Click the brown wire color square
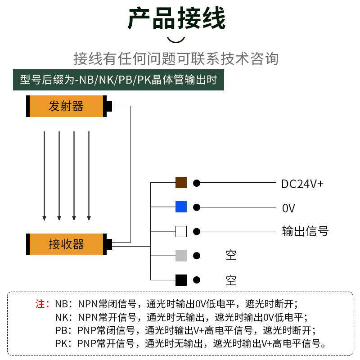pyautogui.click(x=181, y=183)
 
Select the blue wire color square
pyautogui.click(x=181, y=207)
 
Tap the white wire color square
pyautogui.click(x=181, y=231)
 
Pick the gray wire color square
pyautogui.click(x=181, y=256)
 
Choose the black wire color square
pyautogui.click(x=181, y=280)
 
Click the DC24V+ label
pyautogui.click(x=302, y=184)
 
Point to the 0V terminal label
pyautogui.click(x=288, y=208)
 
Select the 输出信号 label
pyautogui.click(x=305, y=231)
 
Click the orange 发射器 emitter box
pyautogui.click(x=66, y=106)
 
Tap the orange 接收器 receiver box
pyautogui.click(x=66, y=244)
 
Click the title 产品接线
pyautogui.click(x=176, y=19)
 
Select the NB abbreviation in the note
pyautogui.click(x=61, y=303)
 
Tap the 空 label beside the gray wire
pyautogui.click(x=231, y=256)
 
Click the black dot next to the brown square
pyautogui.click(x=197, y=183)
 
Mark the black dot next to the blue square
pyautogui.click(x=197, y=207)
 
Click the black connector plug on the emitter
pyautogui.click(x=108, y=106)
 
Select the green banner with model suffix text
pyautogui.click(x=118, y=80)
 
